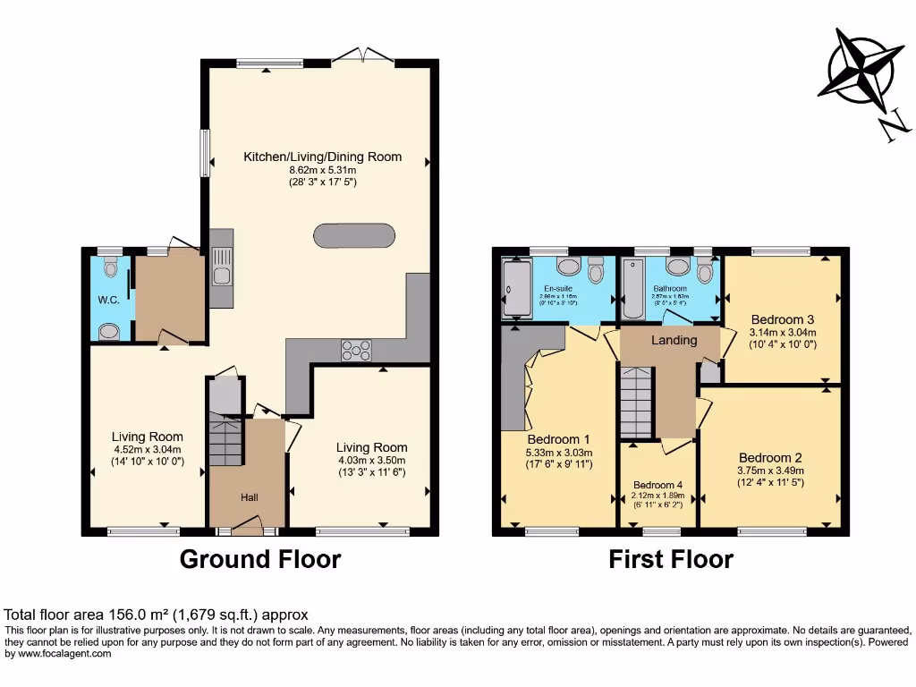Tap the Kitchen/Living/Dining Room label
coord(323,157)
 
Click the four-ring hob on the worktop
coord(356,351)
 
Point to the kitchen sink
coord(221,268)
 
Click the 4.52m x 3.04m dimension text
coord(148,450)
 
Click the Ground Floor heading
coord(260,560)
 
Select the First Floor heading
coord(671,560)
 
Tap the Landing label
coord(674,340)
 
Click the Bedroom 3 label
coord(783,319)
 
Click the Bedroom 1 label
coord(559,439)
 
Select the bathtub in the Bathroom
coord(632,288)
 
